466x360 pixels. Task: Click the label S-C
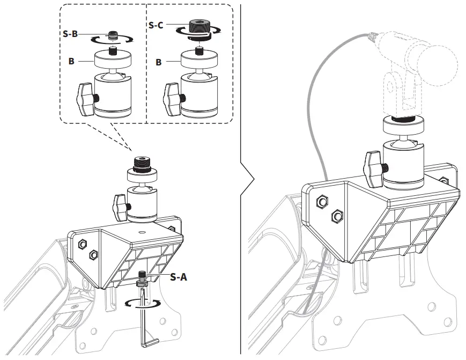click(157, 25)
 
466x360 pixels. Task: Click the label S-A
click(179, 277)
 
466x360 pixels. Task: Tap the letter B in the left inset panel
click(71, 61)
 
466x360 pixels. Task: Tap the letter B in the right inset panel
click(158, 62)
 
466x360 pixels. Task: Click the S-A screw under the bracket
click(142, 277)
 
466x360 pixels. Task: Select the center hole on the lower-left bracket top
click(142, 232)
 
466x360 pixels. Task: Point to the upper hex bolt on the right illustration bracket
click(322, 202)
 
